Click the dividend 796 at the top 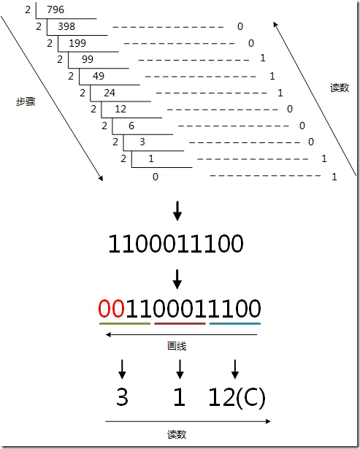point(55,9)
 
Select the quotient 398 point(66,26)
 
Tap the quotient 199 point(77,43)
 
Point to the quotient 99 point(88,59)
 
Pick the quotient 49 point(99,76)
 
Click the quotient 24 point(110,93)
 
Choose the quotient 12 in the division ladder point(120,109)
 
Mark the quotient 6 point(131,126)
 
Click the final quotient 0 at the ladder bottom point(156,177)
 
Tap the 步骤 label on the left point(26,101)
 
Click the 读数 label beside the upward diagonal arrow point(340,88)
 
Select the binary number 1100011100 point(176,244)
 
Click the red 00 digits point(112,308)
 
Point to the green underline point(125,324)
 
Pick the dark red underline point(180,324)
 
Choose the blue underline point(235,324)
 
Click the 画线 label point(177,346)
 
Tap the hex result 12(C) point(237,397)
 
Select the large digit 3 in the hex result point(122,397)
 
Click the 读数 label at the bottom point(177,434)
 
